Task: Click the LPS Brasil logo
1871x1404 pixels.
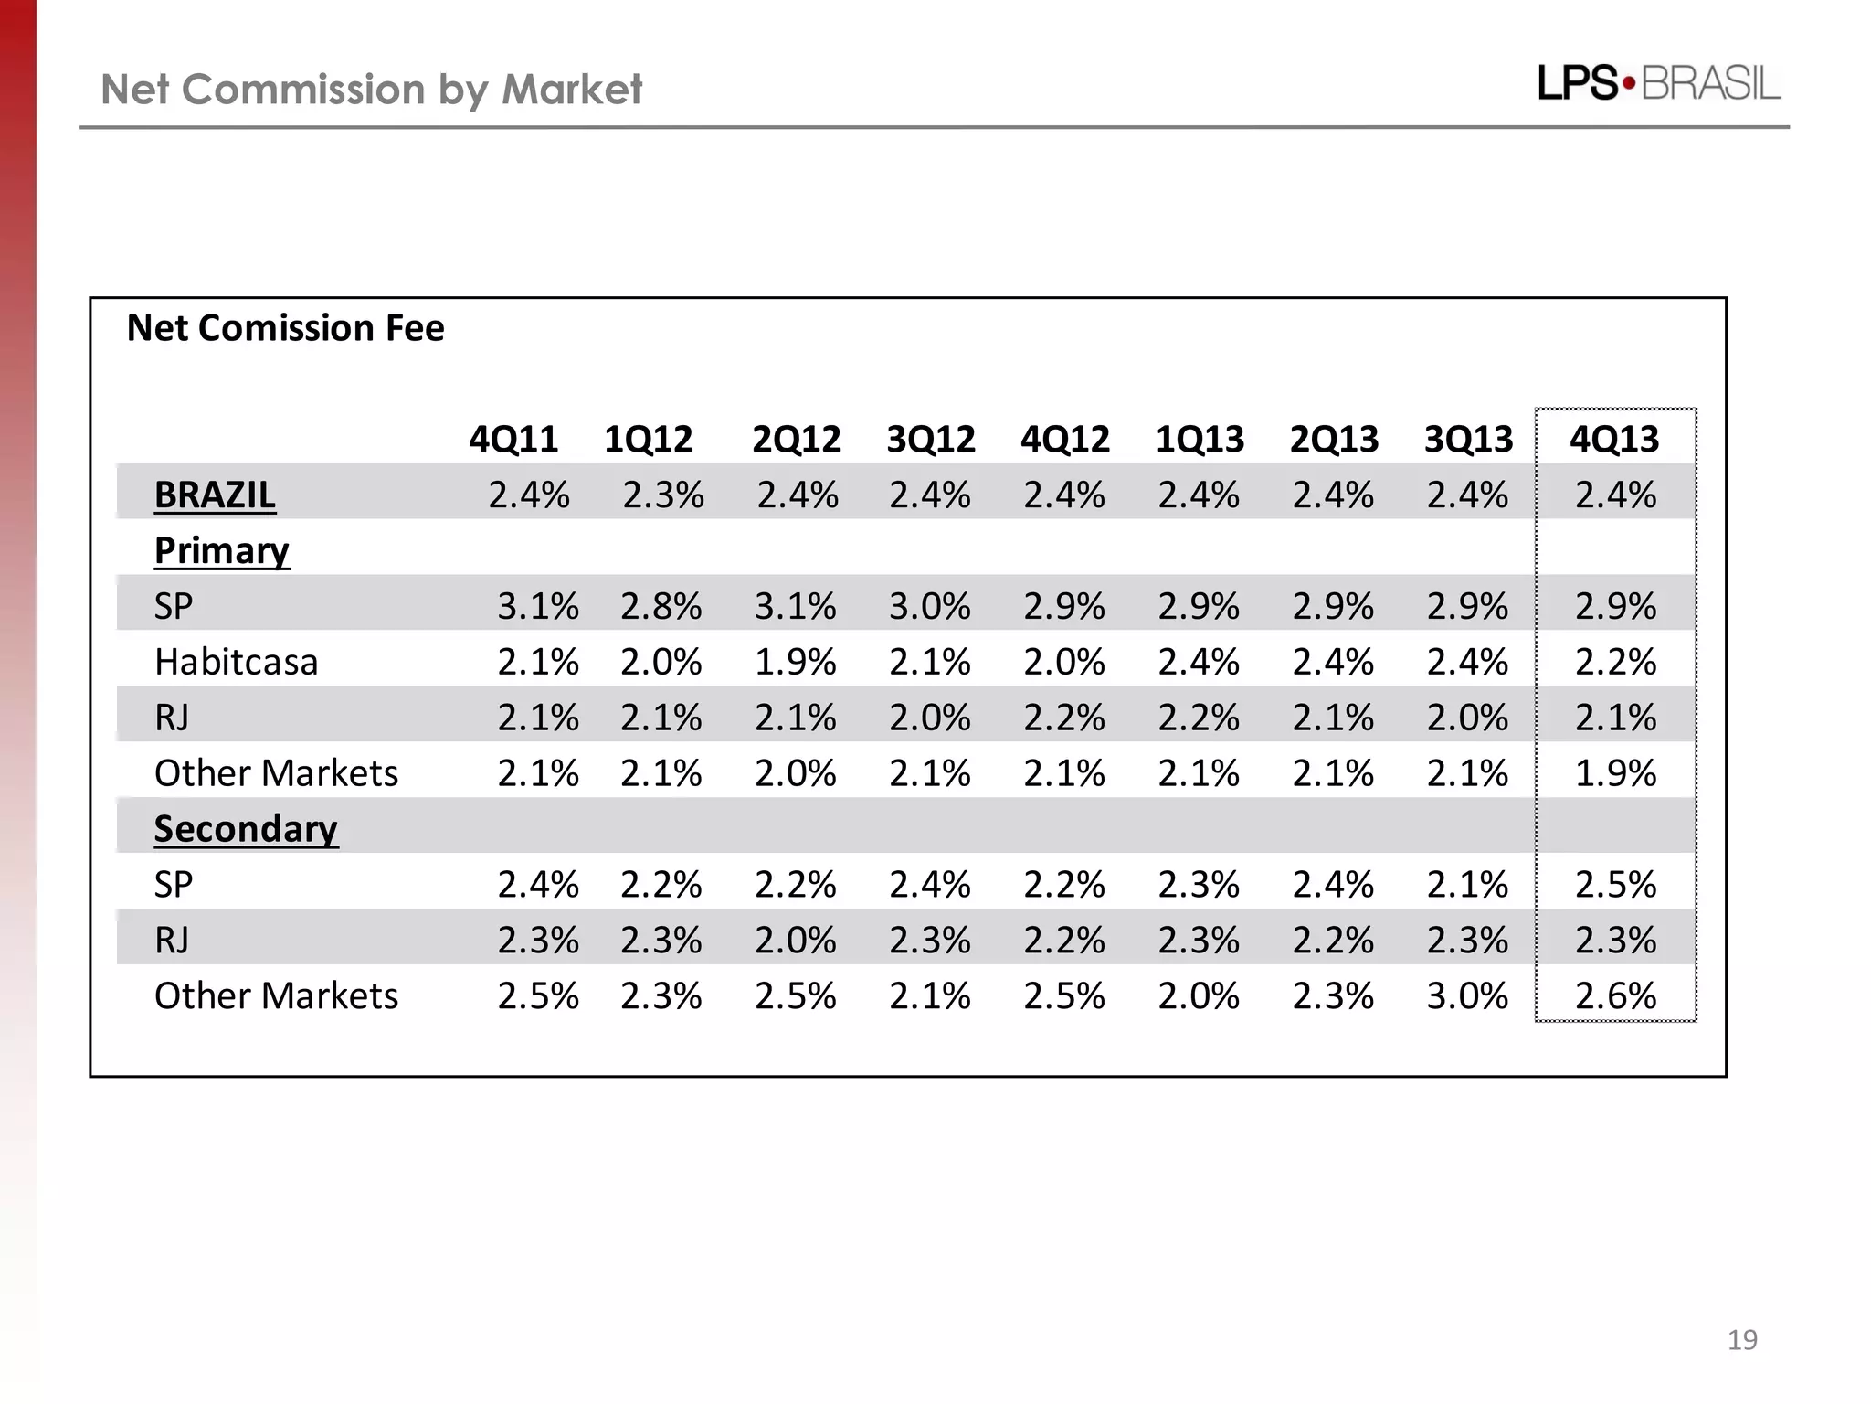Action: (1658, 84)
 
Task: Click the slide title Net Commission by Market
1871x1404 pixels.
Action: (371, 90)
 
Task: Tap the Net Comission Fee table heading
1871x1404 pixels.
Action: (285, 328)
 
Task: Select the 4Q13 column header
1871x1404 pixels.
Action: (1614, 440)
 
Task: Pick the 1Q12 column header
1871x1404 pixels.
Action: (648, 440)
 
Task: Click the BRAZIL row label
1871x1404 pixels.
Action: (215, 495)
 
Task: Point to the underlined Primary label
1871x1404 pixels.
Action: (221, 551)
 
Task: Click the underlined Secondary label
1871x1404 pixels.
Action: (245, 829)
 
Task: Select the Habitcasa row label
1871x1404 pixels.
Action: (236, 662)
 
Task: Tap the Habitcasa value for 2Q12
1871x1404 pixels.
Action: (795, 662)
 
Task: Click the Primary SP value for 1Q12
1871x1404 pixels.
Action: (661, 606)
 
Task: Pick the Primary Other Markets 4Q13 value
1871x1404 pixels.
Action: (1614, 773)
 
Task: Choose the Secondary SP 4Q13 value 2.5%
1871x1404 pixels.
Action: (1614, 885)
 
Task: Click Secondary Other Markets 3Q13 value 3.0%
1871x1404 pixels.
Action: (1467, 995)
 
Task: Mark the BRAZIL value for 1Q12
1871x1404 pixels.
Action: (663, 495)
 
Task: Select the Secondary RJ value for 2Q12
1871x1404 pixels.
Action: (795, 941)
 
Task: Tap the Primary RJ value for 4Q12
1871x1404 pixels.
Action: (1063, 718)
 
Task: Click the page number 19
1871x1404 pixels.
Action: (1742, 1340)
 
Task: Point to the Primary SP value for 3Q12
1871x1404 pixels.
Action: (929, 606)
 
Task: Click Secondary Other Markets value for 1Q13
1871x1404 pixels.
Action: (1198, 995)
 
